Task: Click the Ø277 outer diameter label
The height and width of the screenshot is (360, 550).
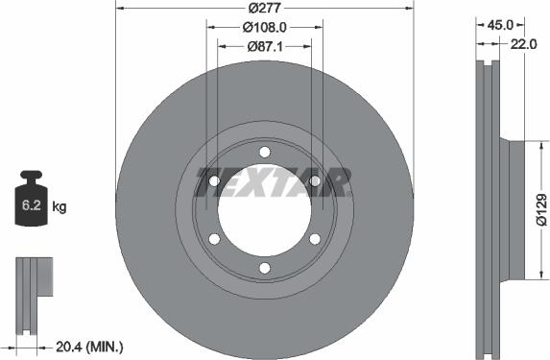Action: tap(264, 8)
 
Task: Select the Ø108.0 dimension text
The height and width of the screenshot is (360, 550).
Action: tap(264, 27)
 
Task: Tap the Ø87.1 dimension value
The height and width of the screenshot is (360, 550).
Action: tap(264, 46)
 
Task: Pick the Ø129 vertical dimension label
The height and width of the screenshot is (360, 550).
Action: tap(541, 209)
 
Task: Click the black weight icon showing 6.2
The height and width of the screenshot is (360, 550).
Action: tap(31, 201)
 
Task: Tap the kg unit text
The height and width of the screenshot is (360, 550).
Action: tap(60, 206)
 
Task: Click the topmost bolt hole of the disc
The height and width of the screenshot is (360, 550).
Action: tap(265, 152)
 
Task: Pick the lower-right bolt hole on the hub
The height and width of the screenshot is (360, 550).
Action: tap(315, 239)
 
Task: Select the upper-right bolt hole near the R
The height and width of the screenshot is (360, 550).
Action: tap(315, 180)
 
